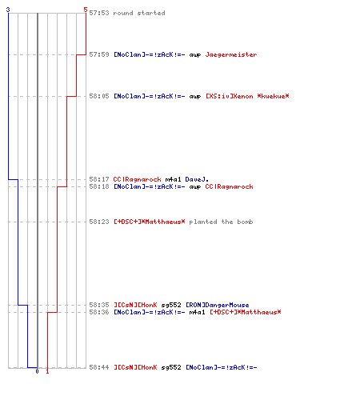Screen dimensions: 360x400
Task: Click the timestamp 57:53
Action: coord(99,13)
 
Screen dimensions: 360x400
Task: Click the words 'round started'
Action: coord(139,13)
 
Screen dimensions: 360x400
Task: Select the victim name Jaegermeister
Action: coord(231,54)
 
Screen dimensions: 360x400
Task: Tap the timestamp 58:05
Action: coord(99,96)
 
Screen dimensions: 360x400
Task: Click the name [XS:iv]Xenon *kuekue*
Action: coord(247,96)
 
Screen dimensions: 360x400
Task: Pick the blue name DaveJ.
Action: coord(197,179)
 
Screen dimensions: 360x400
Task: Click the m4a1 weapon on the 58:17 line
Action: coord(173,179)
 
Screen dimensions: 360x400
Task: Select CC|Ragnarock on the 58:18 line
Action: coord(229,186)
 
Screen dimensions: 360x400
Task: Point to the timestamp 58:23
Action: coord(99,222)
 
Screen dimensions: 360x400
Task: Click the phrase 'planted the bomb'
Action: coord(221,222)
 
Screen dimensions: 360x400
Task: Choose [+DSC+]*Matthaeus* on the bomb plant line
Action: coord(150,222)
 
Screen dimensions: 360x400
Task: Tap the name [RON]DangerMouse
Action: coord(217,305)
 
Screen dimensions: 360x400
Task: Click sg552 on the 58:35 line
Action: coord(171,306)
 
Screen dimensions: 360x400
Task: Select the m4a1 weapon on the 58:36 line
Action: coord(197,312)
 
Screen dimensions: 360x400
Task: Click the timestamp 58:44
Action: coord(99,367)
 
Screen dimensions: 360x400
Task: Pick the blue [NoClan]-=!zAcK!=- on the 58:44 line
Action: coord(221,367)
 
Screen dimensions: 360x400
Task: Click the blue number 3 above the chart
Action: coord(8,10)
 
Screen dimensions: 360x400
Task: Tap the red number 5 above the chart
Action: coord(86,10)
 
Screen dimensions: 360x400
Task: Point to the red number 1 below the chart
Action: coord(47,371)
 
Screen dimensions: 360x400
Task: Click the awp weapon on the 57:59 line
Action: coord(194,55)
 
